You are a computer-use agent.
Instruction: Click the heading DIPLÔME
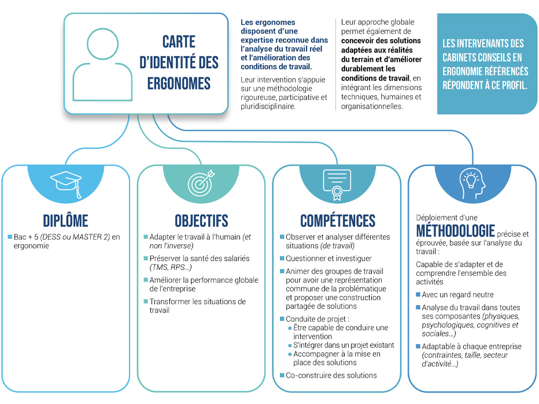[x=65, y=220]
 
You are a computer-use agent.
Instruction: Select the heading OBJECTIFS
[x=201, y=220]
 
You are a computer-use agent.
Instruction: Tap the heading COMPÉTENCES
[x=338, y=220]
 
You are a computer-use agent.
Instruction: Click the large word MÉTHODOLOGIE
[x=455, y=231]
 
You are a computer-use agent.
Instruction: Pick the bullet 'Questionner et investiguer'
[x=328, y=259]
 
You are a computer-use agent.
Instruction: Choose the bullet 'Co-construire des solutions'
[x=331, y=375]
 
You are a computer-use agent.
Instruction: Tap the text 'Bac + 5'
[x=26, y=237]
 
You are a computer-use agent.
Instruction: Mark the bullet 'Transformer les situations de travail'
[x=197, y=306]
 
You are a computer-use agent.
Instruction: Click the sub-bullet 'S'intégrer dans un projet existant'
[x=344, y=345]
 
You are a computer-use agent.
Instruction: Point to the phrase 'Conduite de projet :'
[x=318, y=319]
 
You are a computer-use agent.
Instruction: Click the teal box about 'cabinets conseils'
[x=487, y=63]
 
